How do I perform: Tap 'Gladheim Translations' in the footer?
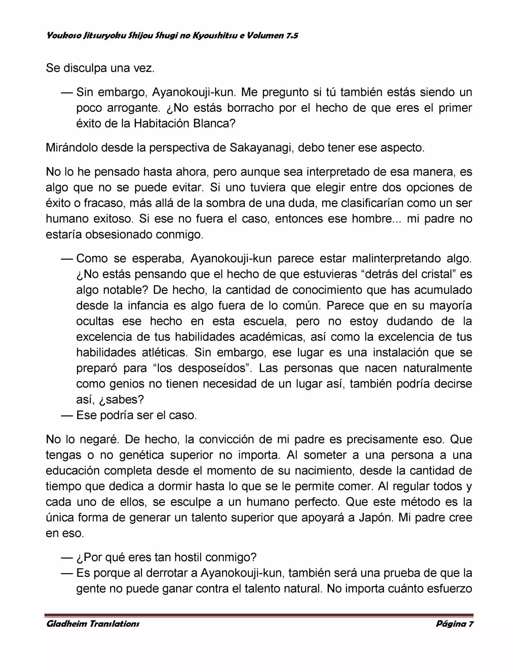pos(93,623)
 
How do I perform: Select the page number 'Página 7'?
pos(454,623)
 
